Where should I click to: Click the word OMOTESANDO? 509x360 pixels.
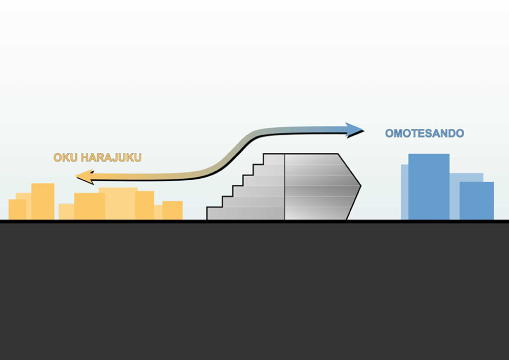425,133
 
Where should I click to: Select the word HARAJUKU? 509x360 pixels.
111,157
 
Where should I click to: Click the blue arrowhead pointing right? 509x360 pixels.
354,130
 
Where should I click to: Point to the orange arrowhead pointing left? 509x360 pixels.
85,177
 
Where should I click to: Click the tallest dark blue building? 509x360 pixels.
429,187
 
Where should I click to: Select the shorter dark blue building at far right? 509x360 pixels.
476,201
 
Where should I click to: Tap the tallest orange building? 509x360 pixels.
43,202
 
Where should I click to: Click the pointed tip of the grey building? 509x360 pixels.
361,186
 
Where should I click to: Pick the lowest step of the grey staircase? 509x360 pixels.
215,213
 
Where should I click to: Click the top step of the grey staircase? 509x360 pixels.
274,159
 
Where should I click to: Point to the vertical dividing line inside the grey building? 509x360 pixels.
285,187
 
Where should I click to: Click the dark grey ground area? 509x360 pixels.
254,291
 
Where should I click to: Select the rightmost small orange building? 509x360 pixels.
173,210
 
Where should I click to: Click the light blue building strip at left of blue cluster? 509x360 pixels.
405,192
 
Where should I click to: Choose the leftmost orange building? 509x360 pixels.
17,209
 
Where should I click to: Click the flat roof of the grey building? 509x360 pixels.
301,154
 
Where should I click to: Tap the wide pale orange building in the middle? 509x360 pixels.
118,204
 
